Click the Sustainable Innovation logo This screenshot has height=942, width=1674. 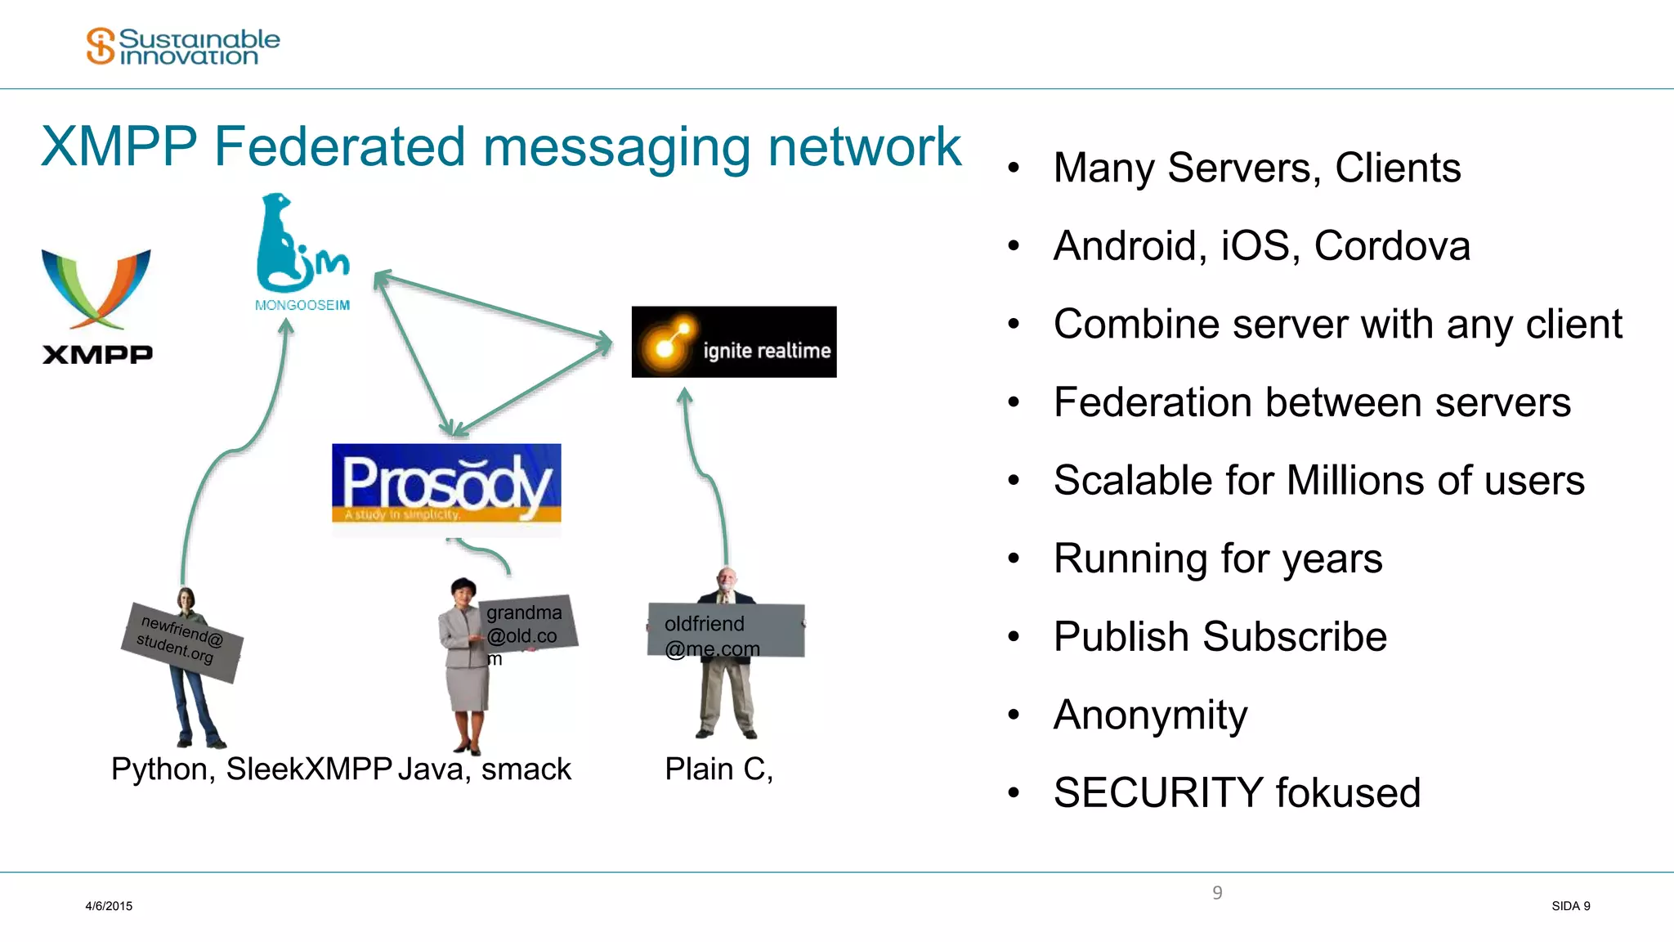pos(183,47)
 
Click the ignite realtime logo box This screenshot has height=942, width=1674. pos(733,342)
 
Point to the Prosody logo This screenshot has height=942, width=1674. pos(446,483)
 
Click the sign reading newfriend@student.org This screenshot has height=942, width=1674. pos(181,641)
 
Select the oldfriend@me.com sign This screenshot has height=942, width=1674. pos(726,630)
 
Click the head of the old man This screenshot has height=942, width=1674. pos(727,579)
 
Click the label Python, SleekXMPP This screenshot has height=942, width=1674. pos(251,769)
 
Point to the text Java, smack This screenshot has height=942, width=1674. pos(485,769)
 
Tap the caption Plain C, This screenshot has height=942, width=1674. pos(718,769)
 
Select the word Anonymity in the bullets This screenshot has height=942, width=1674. pos(1150,715)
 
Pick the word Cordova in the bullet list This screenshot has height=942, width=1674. pos(1392,246)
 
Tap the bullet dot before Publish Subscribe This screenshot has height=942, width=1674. pos(1014,637)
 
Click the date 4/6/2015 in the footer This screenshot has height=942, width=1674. pos(109,906)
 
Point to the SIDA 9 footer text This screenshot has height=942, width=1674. pos(1570,906)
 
